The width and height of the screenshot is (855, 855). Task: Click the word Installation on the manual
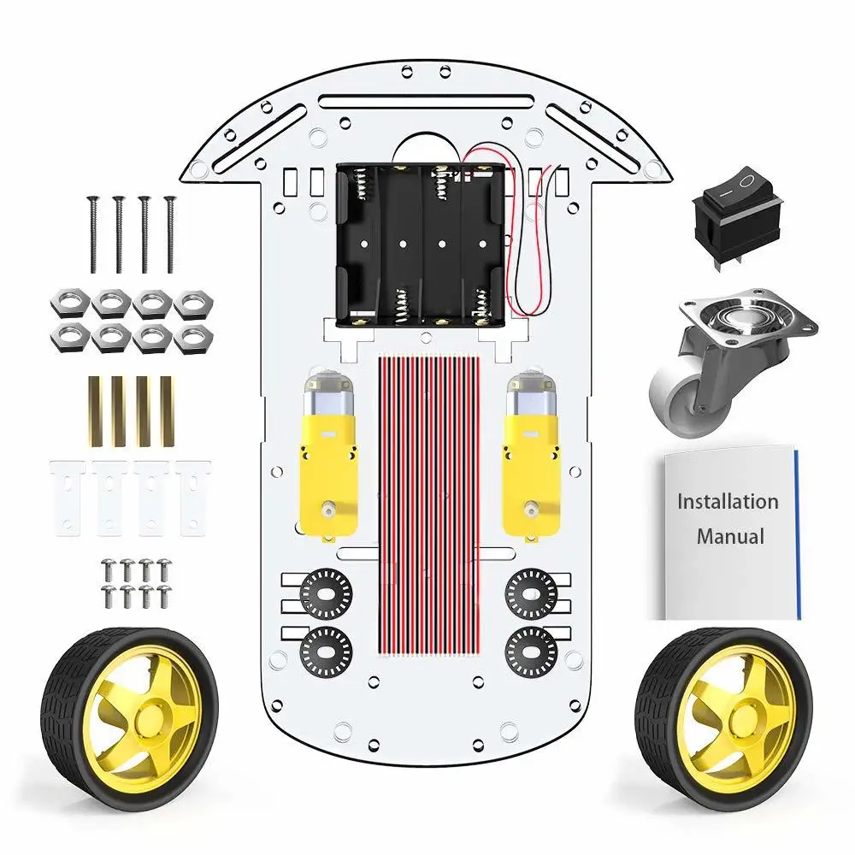pos(728,502)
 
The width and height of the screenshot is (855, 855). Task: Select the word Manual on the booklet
pos(729,537)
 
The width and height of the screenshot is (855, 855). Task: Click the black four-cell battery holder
pos(418,245)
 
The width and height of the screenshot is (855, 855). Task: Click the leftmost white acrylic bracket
pos(65,496)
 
